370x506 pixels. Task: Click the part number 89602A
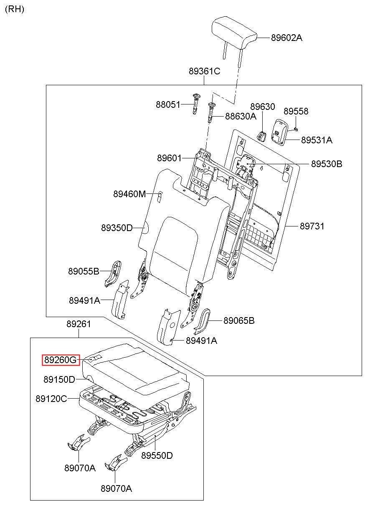click(286, 38)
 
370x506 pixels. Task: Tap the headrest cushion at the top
click(234, 33)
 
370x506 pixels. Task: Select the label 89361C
click(204, 71)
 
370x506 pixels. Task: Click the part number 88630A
click(241, 116)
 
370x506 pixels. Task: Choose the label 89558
click(296, 111)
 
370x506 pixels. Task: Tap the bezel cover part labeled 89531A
click(280, 132)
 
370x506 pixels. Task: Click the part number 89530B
click(327, 164)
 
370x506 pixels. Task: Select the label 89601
click(169, 158)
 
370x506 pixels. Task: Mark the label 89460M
click(129, 194)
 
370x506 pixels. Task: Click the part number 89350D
click(117, 228)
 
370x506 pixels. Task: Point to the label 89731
click(312, 226)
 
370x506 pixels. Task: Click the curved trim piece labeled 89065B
click(202, 321)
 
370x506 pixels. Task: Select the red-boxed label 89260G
click(61, 360)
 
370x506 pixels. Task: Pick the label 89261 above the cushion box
click(79, 324)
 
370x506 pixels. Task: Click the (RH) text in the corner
click(15, 9)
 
